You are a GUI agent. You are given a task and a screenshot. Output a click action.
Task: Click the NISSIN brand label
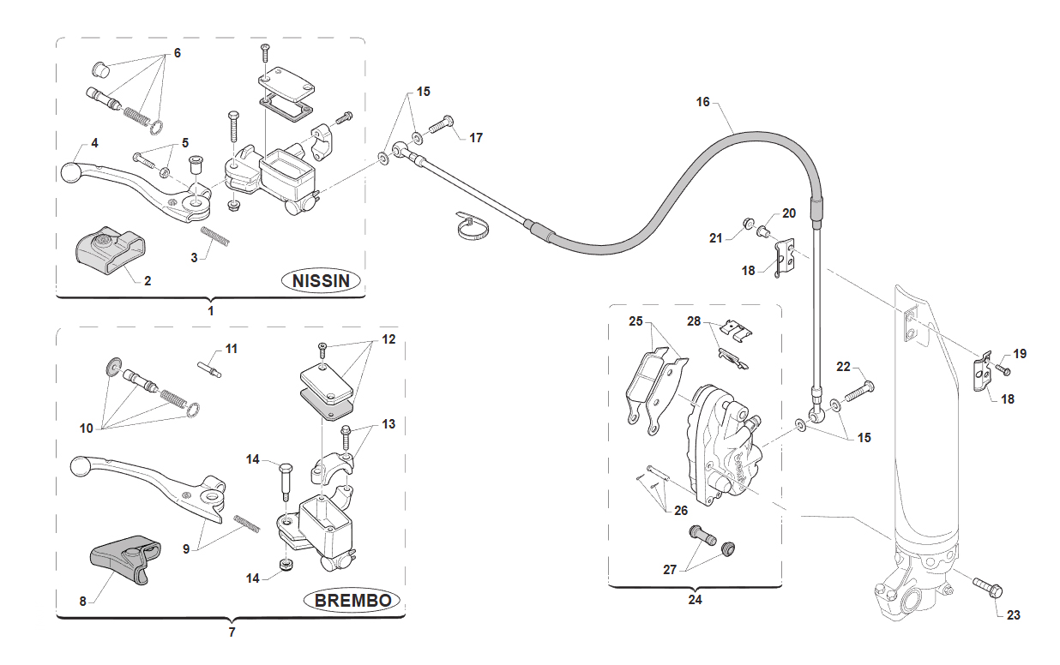coord(321,281)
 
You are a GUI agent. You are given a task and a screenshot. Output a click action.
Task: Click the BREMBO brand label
coord(353,601)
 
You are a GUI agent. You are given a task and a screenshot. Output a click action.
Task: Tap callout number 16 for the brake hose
coord(702,102)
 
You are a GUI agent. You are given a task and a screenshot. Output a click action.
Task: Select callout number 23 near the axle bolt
coord(1013,614)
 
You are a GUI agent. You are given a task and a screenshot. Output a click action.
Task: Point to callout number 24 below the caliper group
coord(695,600)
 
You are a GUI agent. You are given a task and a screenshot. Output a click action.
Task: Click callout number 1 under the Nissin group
coord(211,311)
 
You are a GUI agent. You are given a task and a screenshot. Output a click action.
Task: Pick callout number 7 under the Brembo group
coord(232,632)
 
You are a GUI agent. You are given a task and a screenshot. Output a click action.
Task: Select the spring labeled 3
coord(215,237)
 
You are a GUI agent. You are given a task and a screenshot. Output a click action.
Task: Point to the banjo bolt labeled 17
coord(442,124)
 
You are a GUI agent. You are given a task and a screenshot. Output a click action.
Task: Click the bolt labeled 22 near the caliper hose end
coord(858,392)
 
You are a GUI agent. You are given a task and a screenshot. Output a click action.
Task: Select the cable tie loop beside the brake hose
coord(472,226)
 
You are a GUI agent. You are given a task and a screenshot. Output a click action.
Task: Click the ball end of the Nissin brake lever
coord(71,172)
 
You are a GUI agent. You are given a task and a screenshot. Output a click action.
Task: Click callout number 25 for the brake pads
coord(635,321)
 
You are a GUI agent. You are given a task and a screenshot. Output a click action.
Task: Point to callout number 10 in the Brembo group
coord(86,428)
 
